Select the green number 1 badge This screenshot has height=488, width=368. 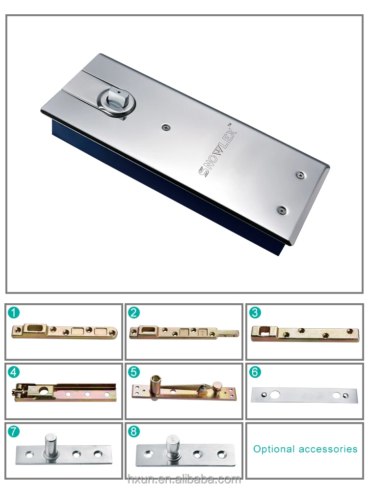14,312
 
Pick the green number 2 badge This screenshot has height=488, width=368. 134,312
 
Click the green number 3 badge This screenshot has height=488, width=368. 255,312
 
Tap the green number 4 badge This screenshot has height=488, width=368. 14,372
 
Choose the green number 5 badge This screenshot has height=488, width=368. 134,372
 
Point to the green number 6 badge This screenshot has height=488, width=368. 255,372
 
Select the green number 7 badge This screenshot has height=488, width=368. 14,431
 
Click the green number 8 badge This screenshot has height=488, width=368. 134,431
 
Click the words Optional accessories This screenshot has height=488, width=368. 305,449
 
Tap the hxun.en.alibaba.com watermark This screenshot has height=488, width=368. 184,479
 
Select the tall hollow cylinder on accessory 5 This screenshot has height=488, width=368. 154,386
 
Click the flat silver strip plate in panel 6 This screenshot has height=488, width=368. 304,396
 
